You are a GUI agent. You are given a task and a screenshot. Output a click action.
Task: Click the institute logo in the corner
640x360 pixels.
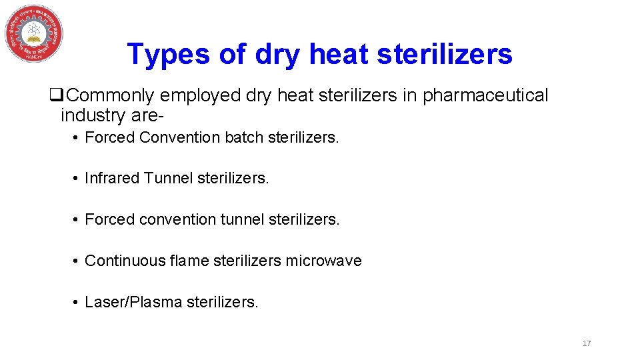click(34, 34)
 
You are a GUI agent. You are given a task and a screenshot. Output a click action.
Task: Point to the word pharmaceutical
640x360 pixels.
click(485, 95)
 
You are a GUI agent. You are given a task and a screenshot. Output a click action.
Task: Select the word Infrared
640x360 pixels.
click(112, 178)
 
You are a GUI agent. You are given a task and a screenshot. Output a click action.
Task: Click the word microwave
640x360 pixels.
click(323, 261)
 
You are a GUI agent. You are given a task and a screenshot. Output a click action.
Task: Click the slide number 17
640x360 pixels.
click(587, 343)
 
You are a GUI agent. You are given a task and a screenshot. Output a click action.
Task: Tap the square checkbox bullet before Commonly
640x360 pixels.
click(56, 96)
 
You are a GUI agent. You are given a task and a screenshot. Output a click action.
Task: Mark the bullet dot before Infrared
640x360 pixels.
click(77, 179)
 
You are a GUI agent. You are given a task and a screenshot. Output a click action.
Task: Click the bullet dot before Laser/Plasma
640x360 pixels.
click(77, 303)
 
